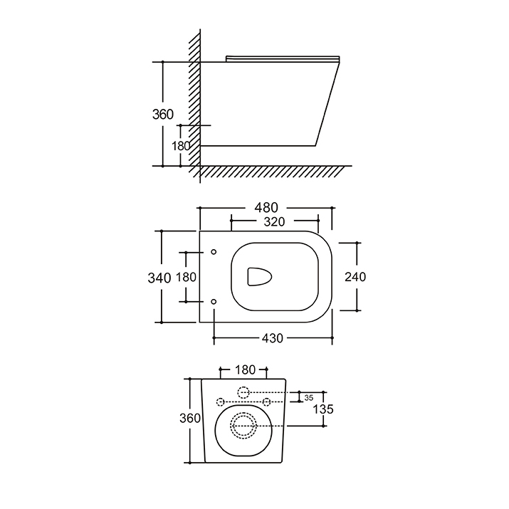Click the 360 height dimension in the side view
tap(163, 115)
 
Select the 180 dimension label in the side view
tap(181, 146)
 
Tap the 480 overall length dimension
tap(266, 207)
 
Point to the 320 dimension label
tap(274, 221)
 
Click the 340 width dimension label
tap(159, 278)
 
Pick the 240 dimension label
tap(355, 277)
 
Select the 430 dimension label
tap(273, 338)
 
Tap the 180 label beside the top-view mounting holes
tap(186, 277)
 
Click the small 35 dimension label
tap(309, 398)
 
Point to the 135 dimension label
tap(323, 409)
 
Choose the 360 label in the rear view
tap(190, 418)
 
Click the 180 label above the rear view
tap(245, 369)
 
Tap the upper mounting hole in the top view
tap(214, 252)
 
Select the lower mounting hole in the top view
tap(214, 302)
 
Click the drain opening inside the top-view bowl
tap(259, 277)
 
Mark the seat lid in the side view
tap(283, 59)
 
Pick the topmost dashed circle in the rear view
tap(243, 392)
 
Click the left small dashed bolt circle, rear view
tap(221, 402)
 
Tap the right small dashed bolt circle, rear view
tap(266, 402)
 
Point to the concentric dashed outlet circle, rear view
tap(243, 426)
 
